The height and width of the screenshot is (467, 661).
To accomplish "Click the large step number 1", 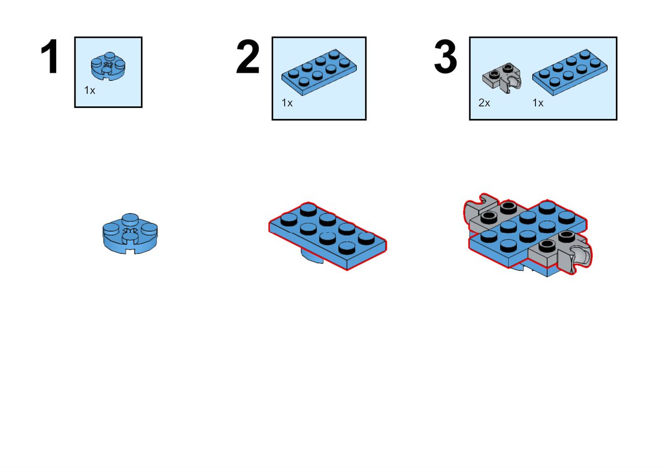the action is coord(50,56).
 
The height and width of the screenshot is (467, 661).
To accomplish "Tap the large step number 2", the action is coord(248,56).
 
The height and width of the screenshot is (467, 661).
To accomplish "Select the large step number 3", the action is coord(446,56).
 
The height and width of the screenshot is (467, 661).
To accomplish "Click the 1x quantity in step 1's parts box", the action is coord(90,90).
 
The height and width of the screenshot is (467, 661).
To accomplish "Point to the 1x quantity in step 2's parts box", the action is coord(287,103).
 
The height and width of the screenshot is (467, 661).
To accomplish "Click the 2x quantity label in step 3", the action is coord(484,103).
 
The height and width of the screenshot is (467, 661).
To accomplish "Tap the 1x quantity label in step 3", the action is coord(538,103).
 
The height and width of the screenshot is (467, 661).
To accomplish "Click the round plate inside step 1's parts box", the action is coord(108,67).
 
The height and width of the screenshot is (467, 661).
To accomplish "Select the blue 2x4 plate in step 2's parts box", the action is coord(319,72).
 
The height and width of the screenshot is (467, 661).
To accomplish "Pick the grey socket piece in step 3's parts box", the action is coord(502,78).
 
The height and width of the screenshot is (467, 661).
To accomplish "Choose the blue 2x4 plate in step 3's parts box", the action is coord(570,72).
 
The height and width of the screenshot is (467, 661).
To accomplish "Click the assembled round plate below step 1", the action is coord(130,233).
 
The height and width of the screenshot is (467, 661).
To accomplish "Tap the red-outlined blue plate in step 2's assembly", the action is coord(328,236).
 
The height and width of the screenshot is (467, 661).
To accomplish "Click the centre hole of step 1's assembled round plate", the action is coord(130,231).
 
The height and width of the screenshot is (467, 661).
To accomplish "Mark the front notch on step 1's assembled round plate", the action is coord(130,251).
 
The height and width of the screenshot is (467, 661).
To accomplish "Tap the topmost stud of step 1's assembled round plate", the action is coord(130,219).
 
